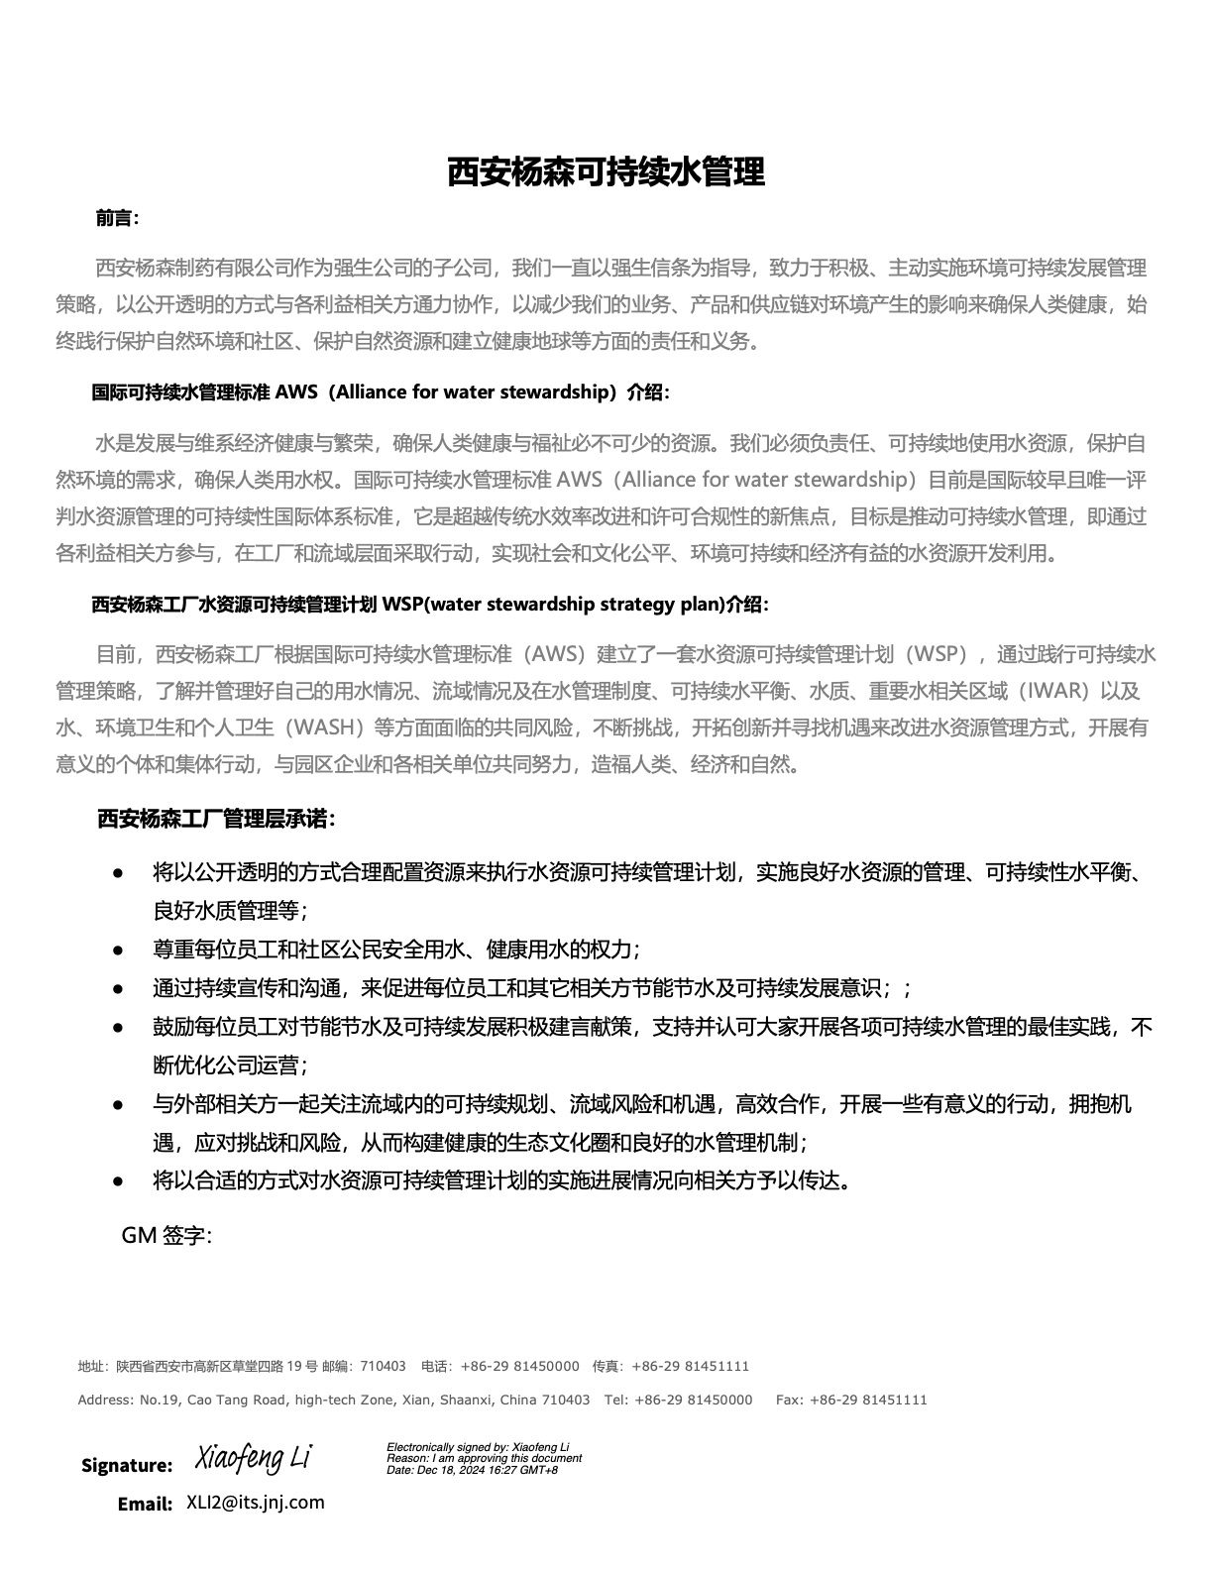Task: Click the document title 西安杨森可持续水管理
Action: pyautogui.click(x=606, y=171)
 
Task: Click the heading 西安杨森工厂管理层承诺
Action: pyautogui.click(x=216, y=819)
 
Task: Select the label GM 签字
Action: pyautogui.click(x=165, y=1235)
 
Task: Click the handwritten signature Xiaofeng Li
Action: pyautogui.click(x=254, y=1458)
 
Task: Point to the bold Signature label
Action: pyautogui.click(x=127, y=1465)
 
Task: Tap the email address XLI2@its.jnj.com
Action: pyautogui.click(x=256, y=1502)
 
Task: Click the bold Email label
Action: pyautogui.click(x=145, y=1504)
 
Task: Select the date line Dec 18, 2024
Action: pyautogui.click(x=472, y=1469)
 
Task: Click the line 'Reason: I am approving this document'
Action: pyautogui.click(x=484, y=1458)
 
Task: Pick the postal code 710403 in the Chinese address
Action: pyautogui.click(x=383, y=1366)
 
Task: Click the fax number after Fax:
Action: pyautogui.click(x=868, y=1400)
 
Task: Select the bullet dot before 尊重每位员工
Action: pyautogui.click(x=118, y=950)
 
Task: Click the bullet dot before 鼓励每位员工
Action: pyautogui.click(x=118, y=1027)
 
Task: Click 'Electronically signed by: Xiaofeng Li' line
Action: pyautogui.click(x=478, y=1447)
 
